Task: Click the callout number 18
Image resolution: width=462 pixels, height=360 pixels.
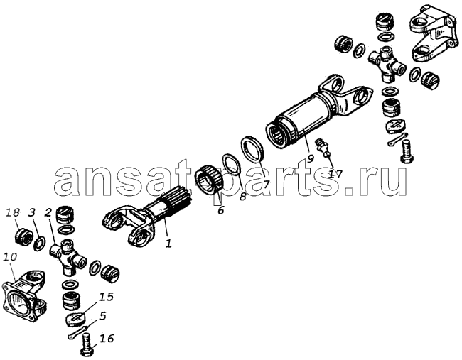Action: [x=13, y=212]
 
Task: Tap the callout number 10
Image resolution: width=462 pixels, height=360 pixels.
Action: [x=10, y=256]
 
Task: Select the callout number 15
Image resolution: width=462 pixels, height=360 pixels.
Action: [x=107, y=297]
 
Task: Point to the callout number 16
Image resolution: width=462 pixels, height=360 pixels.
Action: [x=107, y=339]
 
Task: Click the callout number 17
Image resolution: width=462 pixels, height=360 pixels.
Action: [x=335, y=174]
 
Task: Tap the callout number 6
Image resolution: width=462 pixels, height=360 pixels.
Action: [x=220, y=210]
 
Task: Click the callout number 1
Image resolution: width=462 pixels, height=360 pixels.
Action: [x=168, y=244]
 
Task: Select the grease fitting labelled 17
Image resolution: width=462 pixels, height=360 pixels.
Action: [x=323, y=147]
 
